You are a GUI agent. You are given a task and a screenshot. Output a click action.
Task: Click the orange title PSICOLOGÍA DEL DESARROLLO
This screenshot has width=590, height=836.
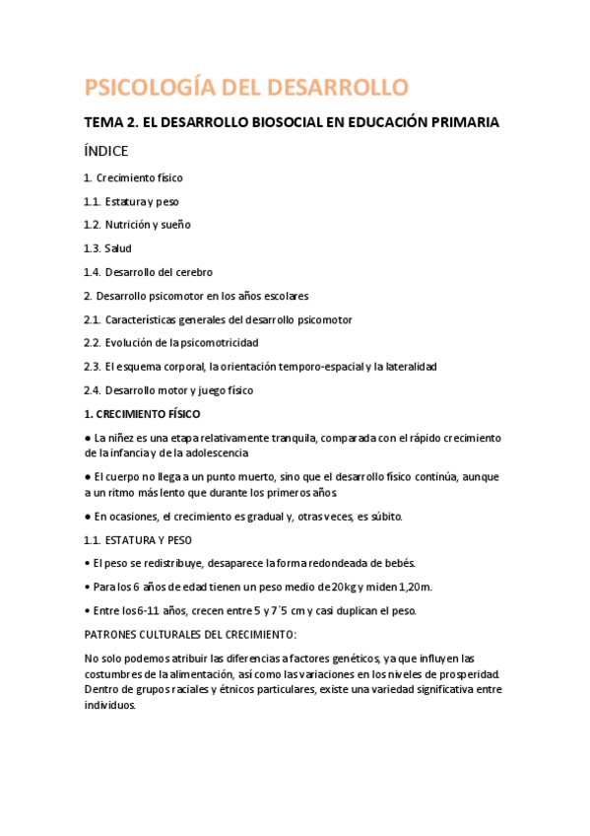(245, 87)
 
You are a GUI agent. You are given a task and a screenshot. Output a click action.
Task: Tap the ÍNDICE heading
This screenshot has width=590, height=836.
(105, 152)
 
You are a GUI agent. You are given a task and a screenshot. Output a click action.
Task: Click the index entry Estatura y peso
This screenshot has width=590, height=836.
(142, 201)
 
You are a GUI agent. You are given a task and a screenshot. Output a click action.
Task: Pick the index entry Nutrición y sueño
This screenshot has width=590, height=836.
(148, 225)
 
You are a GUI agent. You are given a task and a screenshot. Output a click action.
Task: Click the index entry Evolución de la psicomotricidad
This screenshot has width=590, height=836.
(181, 343)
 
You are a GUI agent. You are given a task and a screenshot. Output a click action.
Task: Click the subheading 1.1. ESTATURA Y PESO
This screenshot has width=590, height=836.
(137, 540)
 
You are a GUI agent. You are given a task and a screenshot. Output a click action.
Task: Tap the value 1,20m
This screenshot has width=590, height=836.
(412, 587)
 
